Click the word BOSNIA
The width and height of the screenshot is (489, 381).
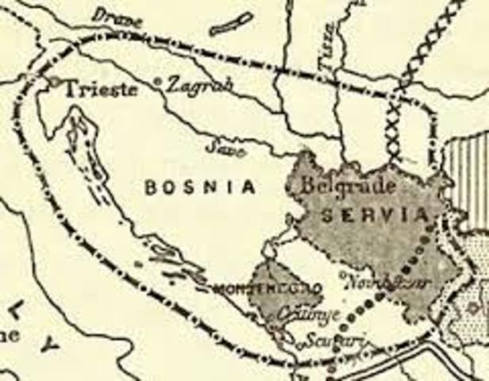[x=201, y=187]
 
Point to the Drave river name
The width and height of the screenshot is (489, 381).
[x=117, y=18]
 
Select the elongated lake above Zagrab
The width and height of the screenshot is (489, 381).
[x=231, y=24]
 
